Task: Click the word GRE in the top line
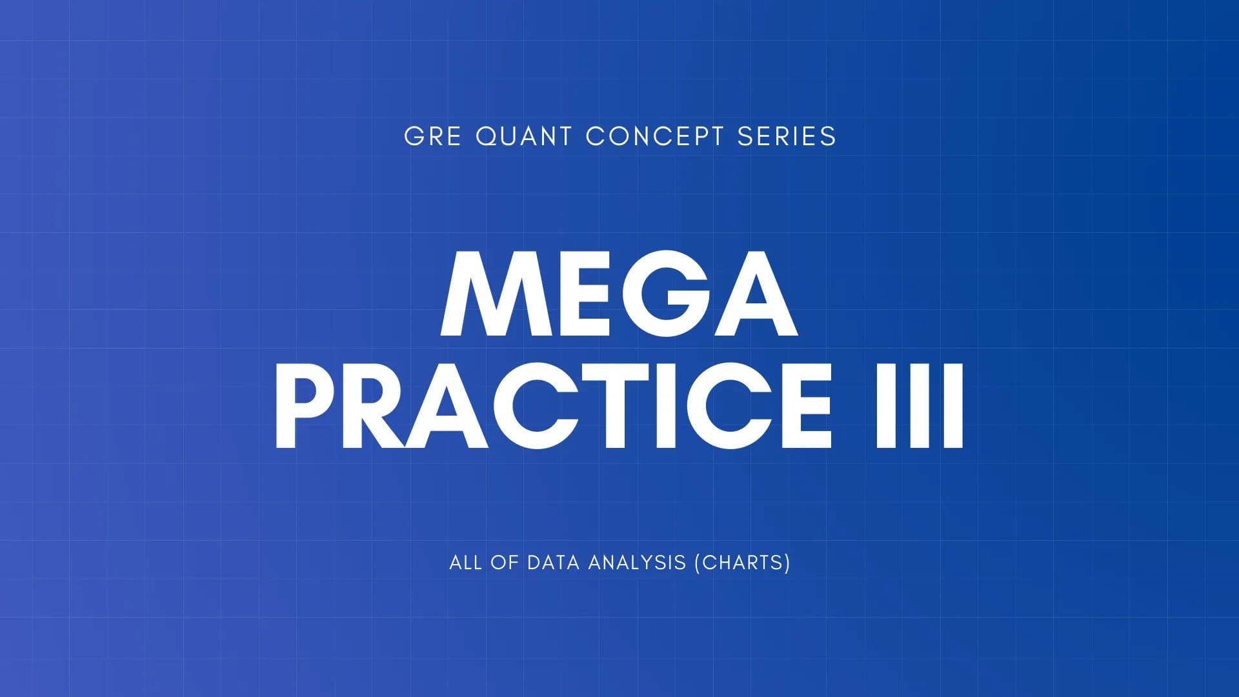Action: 432,136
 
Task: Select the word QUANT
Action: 523,136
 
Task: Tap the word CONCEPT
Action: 654,136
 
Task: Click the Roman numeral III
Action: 919,405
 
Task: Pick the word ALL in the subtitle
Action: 465,562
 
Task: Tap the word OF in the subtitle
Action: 504,562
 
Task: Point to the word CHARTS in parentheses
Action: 742,562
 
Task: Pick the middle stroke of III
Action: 919,405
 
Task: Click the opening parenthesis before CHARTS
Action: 698,563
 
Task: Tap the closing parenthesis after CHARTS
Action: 787,563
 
